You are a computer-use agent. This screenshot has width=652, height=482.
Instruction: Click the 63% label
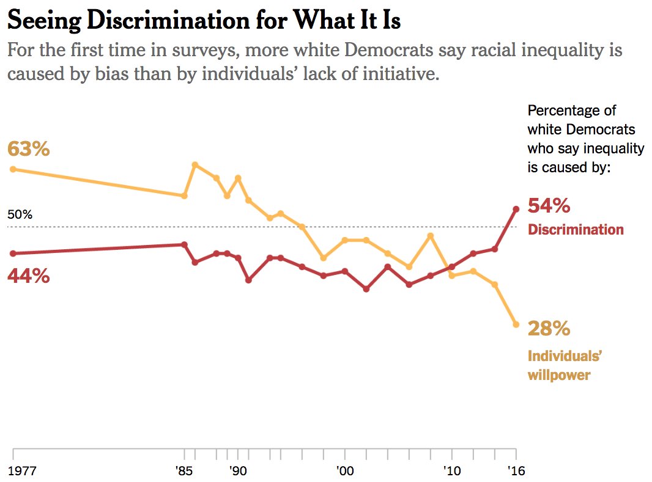coord(28,149)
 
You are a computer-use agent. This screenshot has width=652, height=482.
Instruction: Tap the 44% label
coord(28,276)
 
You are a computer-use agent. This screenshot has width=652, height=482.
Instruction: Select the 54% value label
coord(549,206)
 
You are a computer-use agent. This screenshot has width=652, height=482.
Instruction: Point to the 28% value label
coord(549,329)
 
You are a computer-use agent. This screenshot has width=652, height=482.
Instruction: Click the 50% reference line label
coord(20,215)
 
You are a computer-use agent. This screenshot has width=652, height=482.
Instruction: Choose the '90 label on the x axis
coord(238,471)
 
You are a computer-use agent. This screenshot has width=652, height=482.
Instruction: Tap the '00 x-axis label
coord(345,471)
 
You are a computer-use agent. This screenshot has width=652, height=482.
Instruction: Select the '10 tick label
coord(452,471)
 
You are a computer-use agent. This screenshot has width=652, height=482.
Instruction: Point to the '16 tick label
coord(516,471)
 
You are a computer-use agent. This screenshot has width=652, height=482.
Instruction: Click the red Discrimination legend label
coord(576,230)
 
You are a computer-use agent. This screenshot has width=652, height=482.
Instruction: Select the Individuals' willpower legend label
coord(560,365)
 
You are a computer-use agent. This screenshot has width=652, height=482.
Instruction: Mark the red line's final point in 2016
coord(516,209)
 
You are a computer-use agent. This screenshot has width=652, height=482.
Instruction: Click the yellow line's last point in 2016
coord(516,324)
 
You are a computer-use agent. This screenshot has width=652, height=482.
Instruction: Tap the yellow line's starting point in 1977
coord(13,169)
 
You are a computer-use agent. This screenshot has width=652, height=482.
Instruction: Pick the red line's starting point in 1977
coord(13,253)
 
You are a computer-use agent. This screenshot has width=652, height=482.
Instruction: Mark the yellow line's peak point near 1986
coord(194,164)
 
